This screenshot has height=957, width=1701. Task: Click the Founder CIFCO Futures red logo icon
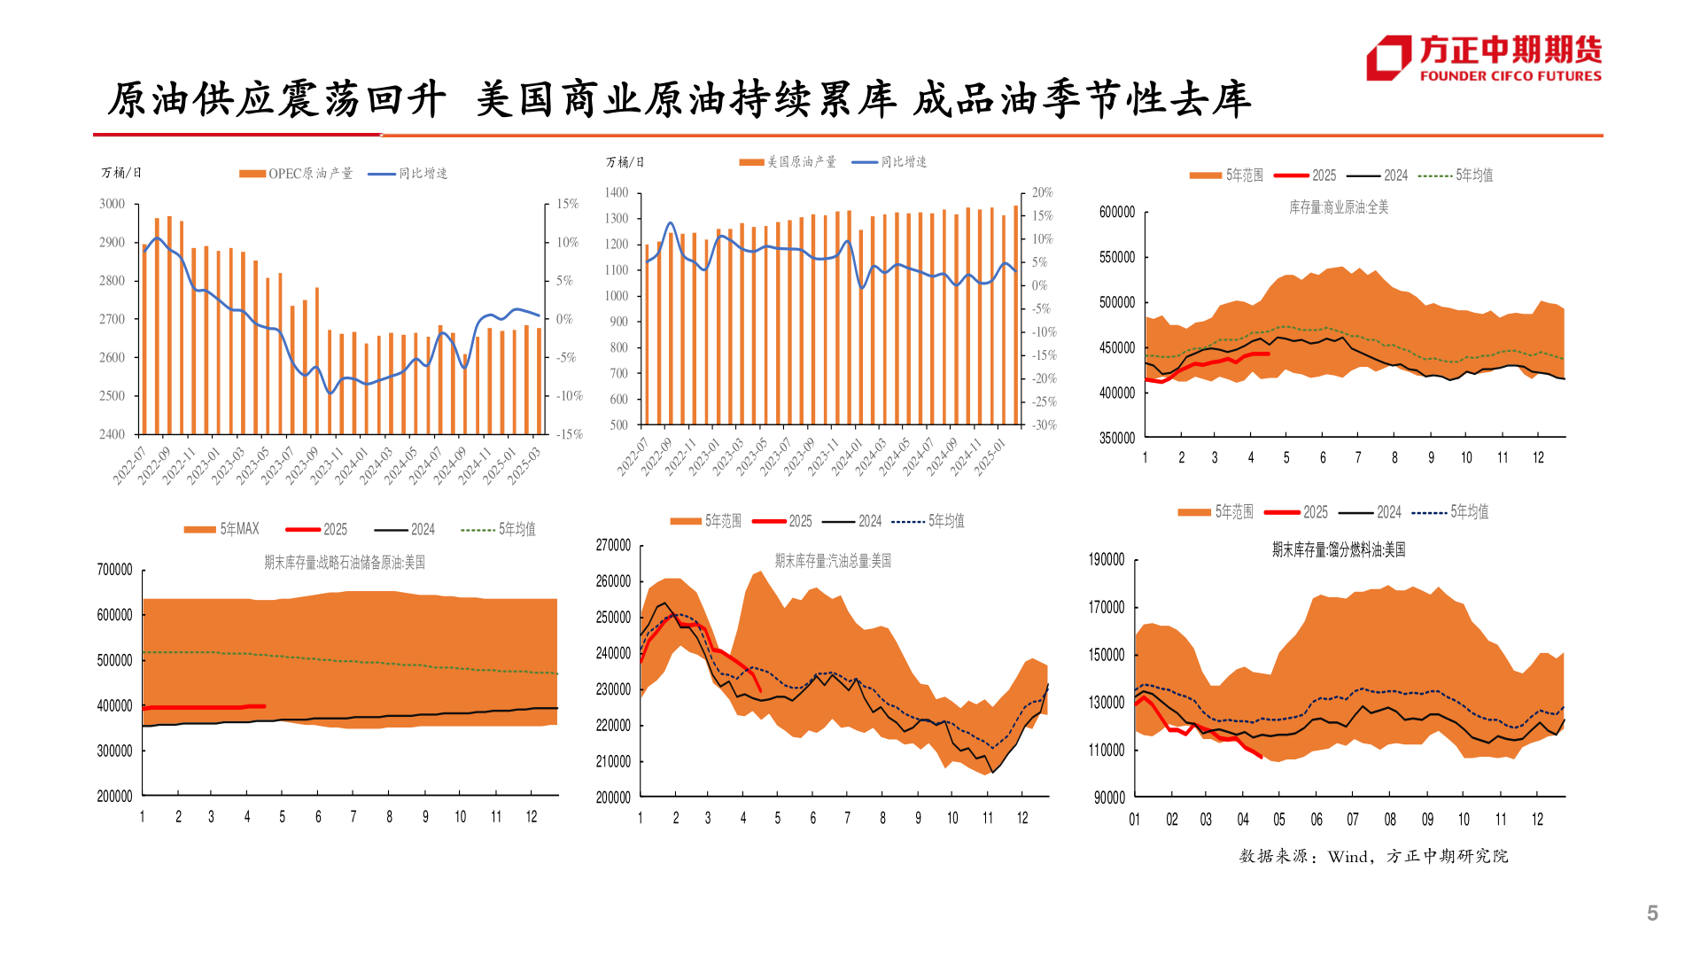click(1388, 58)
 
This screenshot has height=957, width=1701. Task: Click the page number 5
click(1652, 914)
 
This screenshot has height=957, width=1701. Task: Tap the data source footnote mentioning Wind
click(1373, 856)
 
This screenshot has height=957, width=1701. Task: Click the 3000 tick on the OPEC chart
click(113, 204)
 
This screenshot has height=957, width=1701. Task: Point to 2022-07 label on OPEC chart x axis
click(130, 465)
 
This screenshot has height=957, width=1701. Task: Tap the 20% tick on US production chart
click(1042, 192)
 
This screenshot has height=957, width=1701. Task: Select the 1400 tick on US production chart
click(617, 192)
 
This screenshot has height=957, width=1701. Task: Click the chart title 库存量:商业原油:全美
click(1338, 207)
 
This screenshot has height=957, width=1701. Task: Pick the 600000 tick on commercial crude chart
click(1116, 213)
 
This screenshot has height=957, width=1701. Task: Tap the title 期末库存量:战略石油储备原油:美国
click(345, 563)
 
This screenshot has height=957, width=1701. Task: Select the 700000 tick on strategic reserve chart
click(114, 570)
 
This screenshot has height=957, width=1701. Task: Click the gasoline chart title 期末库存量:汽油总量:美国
click(833, 561)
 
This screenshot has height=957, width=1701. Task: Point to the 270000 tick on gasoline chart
click(613, 545)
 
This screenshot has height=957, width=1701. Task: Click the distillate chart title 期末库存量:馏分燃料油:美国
click(1338, 550)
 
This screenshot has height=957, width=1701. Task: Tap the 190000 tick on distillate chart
click(1107, 560)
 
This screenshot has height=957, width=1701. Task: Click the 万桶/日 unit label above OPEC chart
click(121, 173)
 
